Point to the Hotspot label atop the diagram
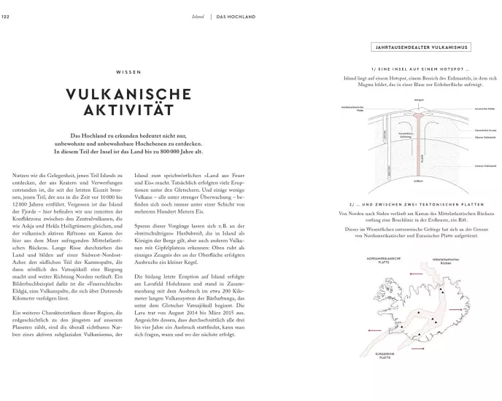point(419,98)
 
